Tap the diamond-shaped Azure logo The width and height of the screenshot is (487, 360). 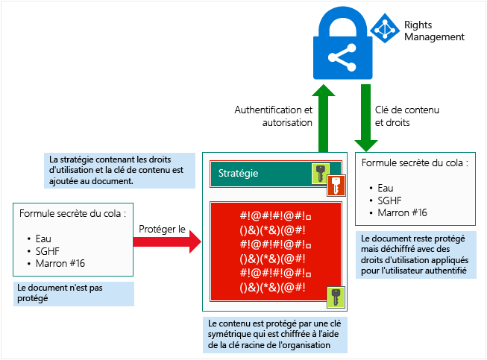tap(385, 28)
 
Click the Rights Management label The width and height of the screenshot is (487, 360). tap(434, 31)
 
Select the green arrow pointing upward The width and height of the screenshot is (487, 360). tap(324, 119)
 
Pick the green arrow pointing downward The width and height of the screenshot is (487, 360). tap(366, 118)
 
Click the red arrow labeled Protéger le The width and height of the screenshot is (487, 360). tap(167, 241)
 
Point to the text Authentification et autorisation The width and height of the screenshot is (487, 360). tap(273, 116)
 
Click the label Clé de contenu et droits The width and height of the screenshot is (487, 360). tap(407, 116)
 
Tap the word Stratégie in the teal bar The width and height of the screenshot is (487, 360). tap(238, 173)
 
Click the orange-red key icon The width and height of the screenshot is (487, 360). tap(336, 186)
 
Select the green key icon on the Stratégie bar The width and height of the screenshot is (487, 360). tap(321, 173)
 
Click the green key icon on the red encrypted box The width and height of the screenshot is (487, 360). tap(336, 297)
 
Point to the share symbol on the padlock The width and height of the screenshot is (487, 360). tap(342, 57)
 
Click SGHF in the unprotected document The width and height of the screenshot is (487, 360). tap(48, 251)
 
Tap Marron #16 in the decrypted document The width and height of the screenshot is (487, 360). tap(402, 212)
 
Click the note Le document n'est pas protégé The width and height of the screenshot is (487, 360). tap(74, 294)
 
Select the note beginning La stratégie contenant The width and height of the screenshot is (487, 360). tap(119, 171)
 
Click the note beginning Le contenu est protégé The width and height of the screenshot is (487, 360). tap(275, 335)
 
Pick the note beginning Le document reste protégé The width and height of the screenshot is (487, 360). tap(416, 255)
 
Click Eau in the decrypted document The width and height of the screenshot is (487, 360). tap(386, 188)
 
